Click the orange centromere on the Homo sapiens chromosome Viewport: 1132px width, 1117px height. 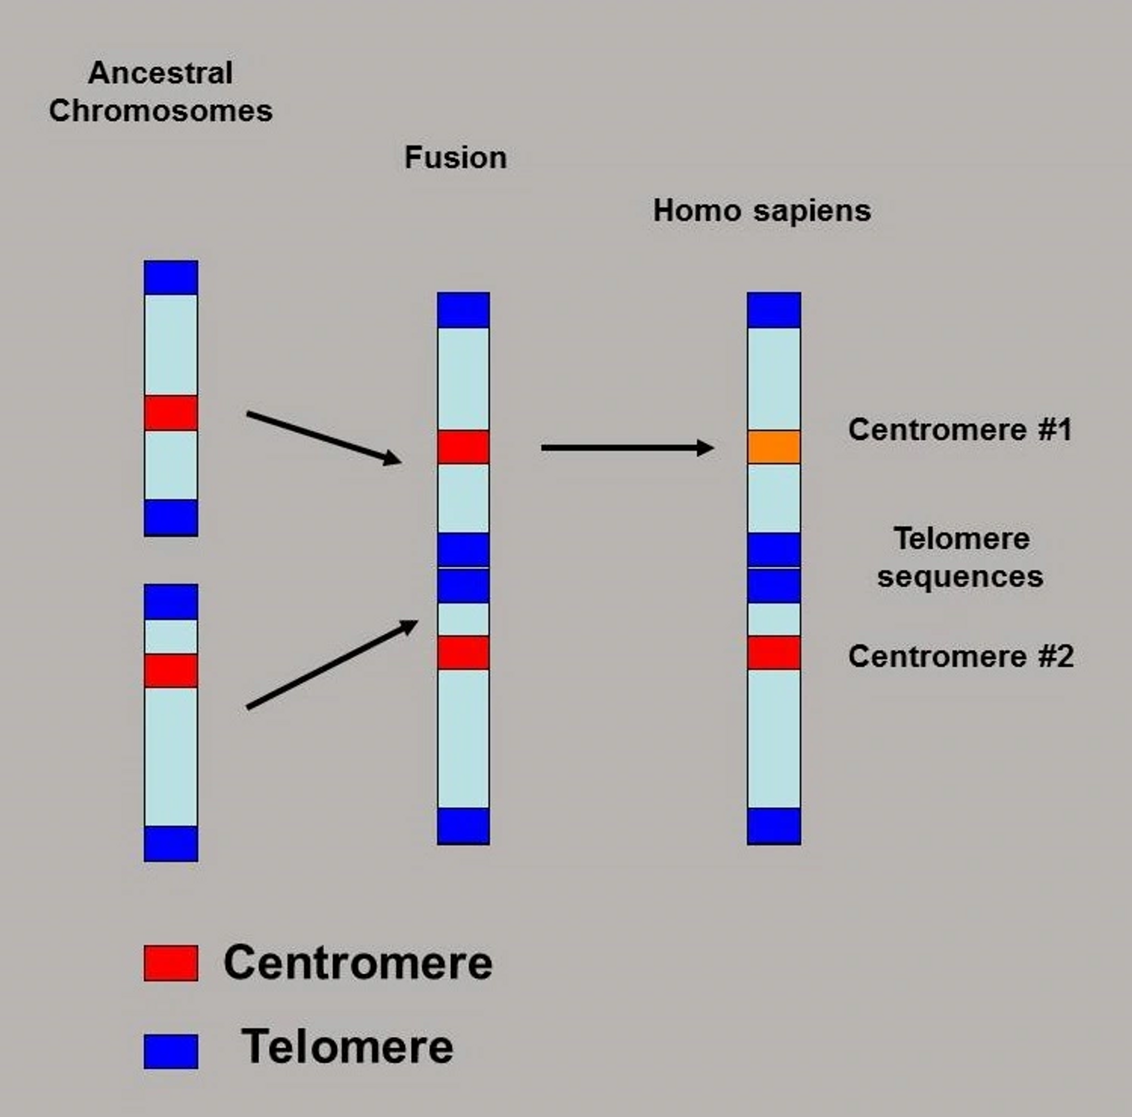[x=773, y=447]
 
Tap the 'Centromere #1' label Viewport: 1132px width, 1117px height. [x=960, y=430]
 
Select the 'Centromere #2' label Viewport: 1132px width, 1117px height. [x=961, y=656]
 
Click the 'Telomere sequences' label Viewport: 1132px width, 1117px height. [x=961, y=557]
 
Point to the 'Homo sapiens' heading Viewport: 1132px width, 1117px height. [x=762, y=211]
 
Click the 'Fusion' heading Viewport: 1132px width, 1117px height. [x=455, y=157]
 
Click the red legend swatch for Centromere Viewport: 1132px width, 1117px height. [x=170, y=963]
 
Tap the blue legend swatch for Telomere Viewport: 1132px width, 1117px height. [x=170, y=1051]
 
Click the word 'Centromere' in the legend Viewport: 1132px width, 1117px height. [x=357, y=962]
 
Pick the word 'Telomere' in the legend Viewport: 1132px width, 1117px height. [x=347, y=1047]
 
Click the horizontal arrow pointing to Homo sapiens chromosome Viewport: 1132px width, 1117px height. [x=627, y=448]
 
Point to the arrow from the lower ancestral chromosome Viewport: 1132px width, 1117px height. [x=332, y=664]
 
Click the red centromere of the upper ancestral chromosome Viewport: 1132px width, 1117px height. [x=170, y=413]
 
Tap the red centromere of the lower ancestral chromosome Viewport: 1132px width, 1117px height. [x=170, y=670]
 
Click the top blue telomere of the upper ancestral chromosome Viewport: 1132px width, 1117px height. [x=170, y=278]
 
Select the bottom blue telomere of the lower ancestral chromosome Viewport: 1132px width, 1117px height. [x=170, y=844]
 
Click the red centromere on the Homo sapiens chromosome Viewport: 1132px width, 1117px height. [x=773, y=652]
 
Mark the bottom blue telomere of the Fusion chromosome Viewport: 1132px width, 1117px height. [x=463, y=826]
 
